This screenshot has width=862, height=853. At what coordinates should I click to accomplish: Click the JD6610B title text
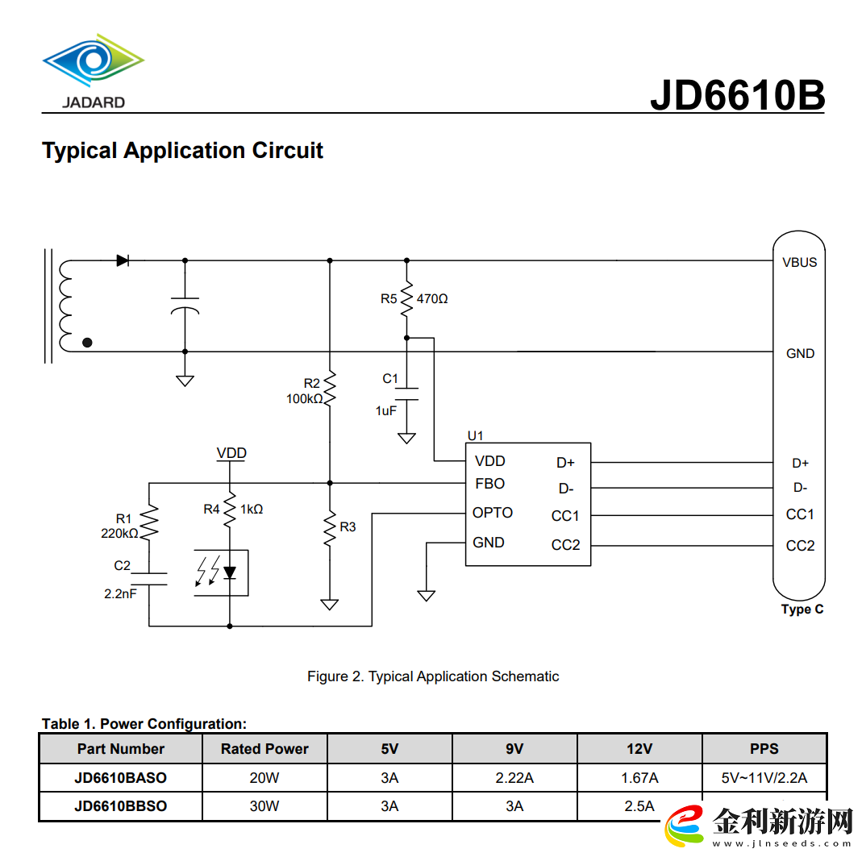[737, 94]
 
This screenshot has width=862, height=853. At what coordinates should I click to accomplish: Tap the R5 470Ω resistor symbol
[407, 298]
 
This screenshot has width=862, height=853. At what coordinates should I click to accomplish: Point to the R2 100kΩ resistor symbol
[329, 390]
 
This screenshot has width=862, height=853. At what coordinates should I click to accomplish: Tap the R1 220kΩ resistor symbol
[149, 522]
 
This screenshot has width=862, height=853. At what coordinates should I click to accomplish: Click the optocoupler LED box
[221, 572]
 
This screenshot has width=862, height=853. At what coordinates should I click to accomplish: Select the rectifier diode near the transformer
[123, 260]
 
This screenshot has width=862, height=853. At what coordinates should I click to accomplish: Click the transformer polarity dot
[87, 343]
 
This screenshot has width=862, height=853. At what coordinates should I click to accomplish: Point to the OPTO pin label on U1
[492, 513]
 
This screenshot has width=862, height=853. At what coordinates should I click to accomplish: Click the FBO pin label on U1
[489, 484]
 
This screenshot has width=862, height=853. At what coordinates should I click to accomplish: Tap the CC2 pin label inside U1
[565, 545]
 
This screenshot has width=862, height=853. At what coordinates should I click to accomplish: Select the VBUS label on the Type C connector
[799, 262]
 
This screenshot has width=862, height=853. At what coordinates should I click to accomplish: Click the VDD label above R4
[231, 453]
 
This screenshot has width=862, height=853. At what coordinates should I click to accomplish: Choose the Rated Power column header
[264, 749]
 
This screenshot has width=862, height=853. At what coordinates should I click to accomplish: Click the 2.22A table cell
[514, 778]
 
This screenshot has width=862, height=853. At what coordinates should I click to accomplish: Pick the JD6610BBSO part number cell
[121, 805]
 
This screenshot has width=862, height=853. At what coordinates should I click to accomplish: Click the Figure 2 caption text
[433, 676]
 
